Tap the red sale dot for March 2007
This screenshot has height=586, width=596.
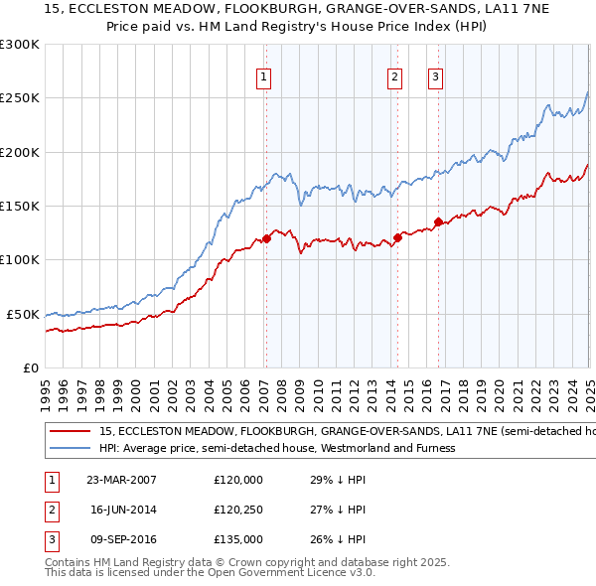pos(266,238)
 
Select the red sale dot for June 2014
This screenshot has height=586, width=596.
pos(397,237)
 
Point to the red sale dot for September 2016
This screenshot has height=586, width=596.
pos(438,221)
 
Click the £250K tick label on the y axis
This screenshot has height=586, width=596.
pos(20,98)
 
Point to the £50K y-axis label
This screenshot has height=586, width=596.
pos(23,314)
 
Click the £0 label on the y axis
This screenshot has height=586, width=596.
pos(30,367)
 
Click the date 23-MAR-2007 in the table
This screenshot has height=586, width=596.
pos(121,480)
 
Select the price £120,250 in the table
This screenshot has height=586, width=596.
pos(238,510)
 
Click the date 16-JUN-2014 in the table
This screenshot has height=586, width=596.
pos(121,510)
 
